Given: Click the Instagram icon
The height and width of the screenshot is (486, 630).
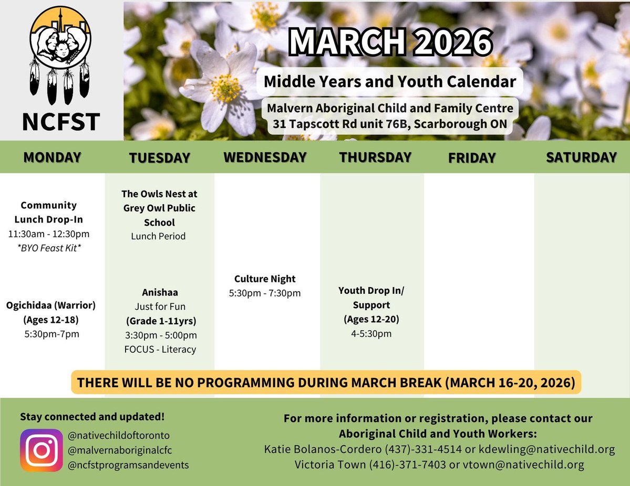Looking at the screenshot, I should click(x=42, y=450).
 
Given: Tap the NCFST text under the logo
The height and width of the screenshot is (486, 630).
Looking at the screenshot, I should click(x=61, y=122).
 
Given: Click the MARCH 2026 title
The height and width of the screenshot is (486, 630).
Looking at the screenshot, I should click(x=390, y=44).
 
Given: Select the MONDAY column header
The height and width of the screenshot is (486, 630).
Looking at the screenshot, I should click(x=52, y=157).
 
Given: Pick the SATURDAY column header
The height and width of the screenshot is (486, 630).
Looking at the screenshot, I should click(x=581, y=157).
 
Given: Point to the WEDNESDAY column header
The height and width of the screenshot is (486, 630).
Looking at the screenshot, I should click(x=265, y=157).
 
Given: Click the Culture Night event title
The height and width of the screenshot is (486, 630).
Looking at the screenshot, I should click(x=265, y=279).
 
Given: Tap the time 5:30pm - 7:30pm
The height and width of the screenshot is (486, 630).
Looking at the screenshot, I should click(x=265, y=293).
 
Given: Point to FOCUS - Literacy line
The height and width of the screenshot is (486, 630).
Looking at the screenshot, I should click(x=160, y=349).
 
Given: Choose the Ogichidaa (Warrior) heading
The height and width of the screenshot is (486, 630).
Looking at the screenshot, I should click(x=51, y=305).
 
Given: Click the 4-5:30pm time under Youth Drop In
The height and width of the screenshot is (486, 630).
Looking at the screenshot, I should click(x=371, y=333).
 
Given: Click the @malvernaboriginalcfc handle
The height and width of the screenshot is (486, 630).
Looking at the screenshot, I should click(x=120, y=450).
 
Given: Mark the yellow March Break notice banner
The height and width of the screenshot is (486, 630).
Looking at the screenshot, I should click(x=326, y=382).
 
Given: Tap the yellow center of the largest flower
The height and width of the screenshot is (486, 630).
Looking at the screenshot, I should click(x=226, y=88).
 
